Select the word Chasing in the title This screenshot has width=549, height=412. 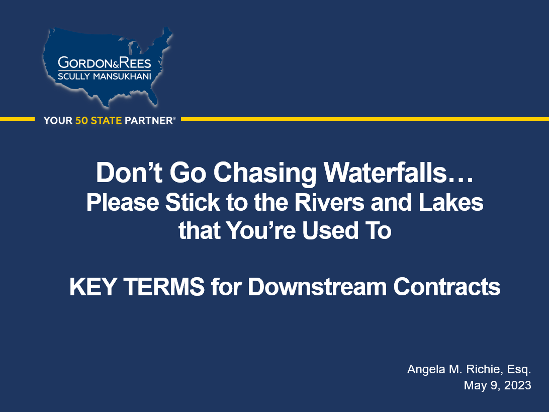pyautogui.click(x=265, y=173)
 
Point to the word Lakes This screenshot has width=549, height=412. pyautogui.click(x=451, y=203)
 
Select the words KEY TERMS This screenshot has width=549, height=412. pyautogui.click(x=137, y=287)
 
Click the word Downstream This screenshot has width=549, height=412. pyautogui.click(x=317, y=287)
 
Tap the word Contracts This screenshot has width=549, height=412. pyautogui.click(x=447, y=287)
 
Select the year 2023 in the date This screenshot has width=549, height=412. pyautogui.click(x=518, y=385)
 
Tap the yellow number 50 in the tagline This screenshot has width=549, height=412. pyautogui.click(x=81, y=121)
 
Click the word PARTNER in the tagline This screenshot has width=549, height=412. pyautogui.click(x=149, y=121)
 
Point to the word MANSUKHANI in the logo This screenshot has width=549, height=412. pyautogui.click(x=122, y=76)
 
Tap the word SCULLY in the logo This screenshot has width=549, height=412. pyautogui.click(x=73, y=76)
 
